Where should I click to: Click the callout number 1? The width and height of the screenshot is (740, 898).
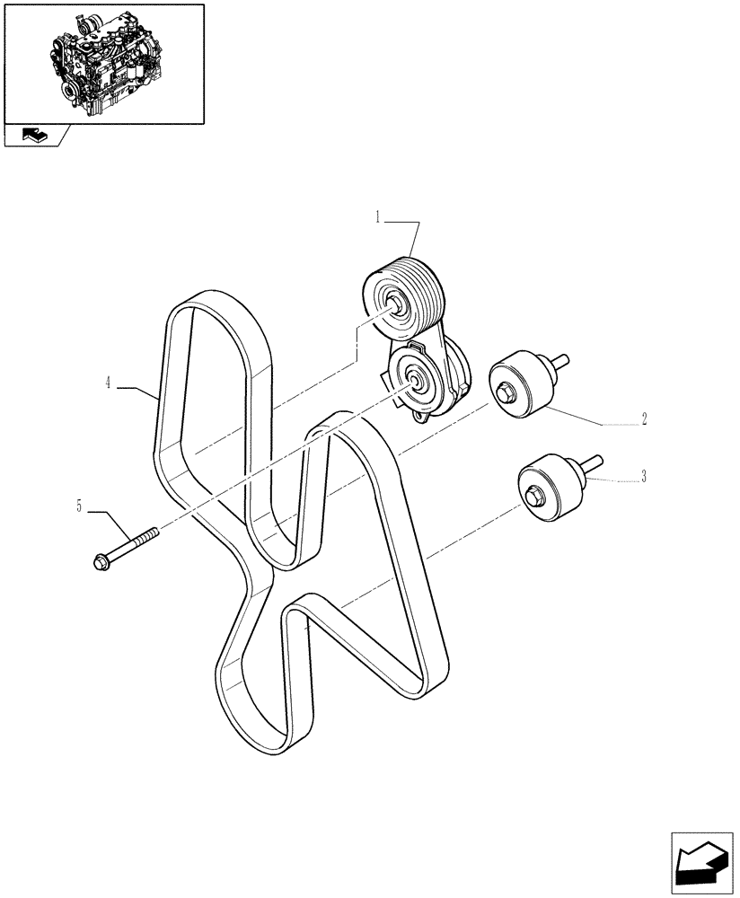(379, 216)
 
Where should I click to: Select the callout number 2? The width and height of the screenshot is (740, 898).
(645, 418)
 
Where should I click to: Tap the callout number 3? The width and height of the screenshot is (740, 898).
(643, 477)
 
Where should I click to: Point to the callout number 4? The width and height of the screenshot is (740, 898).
(108, 383)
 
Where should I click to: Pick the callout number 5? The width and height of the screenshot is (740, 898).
(80, 507)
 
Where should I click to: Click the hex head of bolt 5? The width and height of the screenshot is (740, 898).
(100, 562)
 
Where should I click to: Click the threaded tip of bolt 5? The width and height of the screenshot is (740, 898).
(152, 532)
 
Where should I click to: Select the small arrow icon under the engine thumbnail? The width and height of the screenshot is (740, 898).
(33, 136)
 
